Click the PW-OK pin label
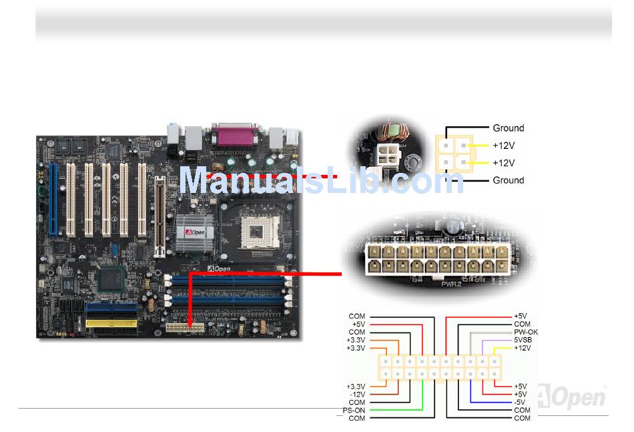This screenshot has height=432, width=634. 525,332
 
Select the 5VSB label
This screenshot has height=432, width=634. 523,340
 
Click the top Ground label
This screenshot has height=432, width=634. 508,128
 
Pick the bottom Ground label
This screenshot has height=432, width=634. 508,180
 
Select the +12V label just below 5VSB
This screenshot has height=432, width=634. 523,348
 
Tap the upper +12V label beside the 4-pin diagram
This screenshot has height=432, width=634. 504,146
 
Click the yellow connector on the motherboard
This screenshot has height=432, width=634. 111,325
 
